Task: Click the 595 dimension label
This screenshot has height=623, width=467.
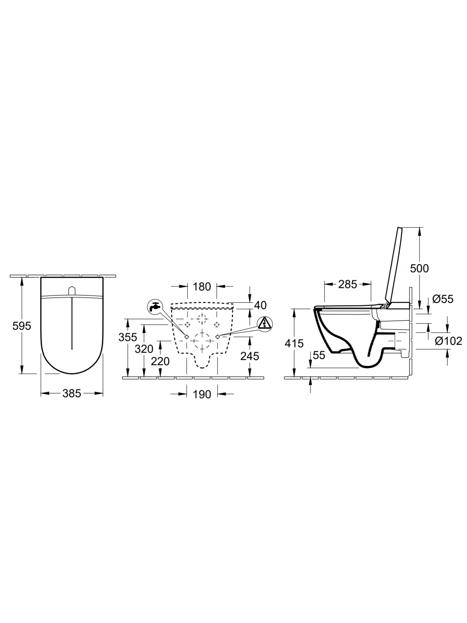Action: pos(22,326)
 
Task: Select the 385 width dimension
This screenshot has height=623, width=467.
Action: pos(72,393)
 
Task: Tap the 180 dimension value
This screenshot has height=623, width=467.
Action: pos(202,286)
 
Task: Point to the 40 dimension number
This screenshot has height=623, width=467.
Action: pos(260,305)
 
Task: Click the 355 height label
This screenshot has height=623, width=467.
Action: pos(128,337)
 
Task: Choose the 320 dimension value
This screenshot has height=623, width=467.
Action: pos(144,349)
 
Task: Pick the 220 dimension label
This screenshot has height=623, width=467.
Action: pos(160,362)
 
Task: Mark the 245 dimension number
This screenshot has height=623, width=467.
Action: pos(250,356)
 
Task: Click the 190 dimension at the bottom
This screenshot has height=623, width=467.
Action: pos(202,394)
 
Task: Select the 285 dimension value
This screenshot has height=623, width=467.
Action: pos(348,284)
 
